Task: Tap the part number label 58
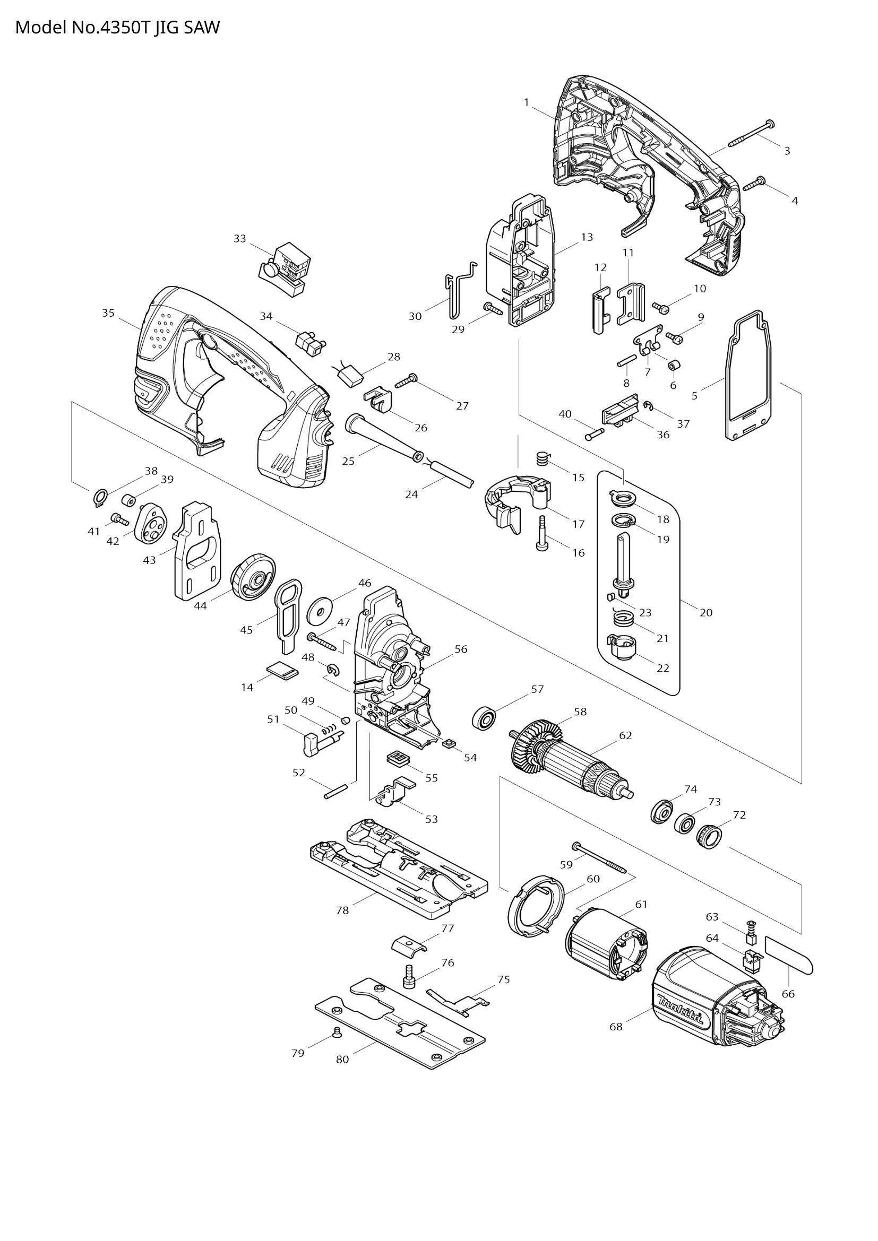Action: pyautogui.click(x=580, y=712)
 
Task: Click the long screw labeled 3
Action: pyautogui.click(x=752, y=134)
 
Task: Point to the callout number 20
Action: pyautogui.click(x=706, y=612)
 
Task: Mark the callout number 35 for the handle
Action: pyautogui.click(x=108, y=313)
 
